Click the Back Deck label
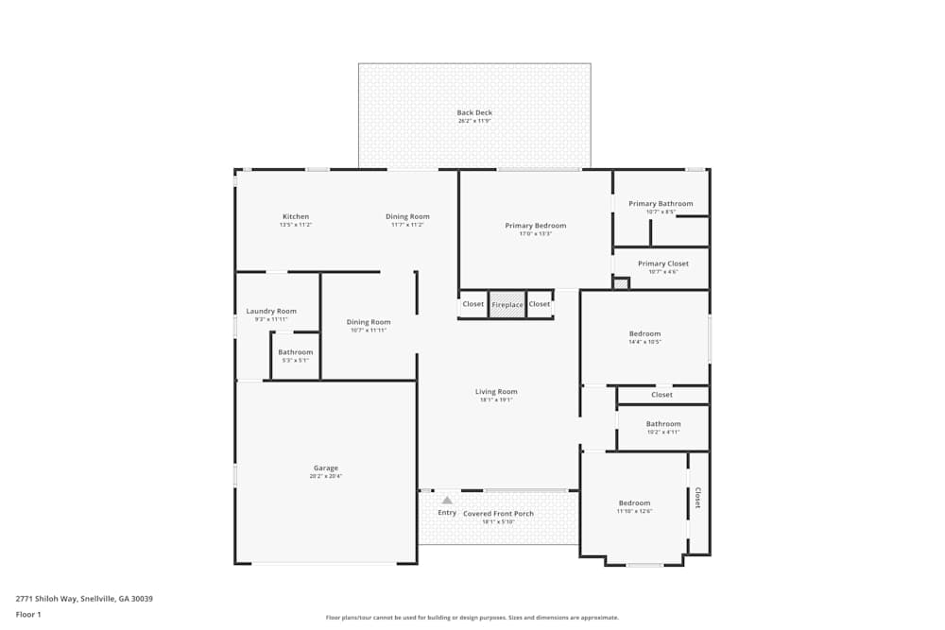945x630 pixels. [474, 113]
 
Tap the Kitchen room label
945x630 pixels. [296, 217]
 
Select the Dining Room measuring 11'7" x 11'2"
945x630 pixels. [407, 217]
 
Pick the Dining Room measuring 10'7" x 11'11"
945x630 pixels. [369, 323]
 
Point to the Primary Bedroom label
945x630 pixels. [535, 226]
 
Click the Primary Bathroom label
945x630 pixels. [661, 204]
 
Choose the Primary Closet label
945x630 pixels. [662, 264]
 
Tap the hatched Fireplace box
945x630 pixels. [507, 304]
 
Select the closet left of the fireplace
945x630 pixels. [473, 304]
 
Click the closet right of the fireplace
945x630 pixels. [540, 304]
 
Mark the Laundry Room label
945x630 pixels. [271, 312]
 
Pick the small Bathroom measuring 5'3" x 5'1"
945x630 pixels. [295, 353]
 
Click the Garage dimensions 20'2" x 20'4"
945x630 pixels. [325, 477]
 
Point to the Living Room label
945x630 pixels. [496, 392]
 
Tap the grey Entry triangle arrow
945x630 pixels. [447, 500]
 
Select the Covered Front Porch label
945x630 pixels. [498, 514]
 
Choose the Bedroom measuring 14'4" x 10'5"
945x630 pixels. [644, 334]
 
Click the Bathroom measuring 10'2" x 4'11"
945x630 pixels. [662, 425]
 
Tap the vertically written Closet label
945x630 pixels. [697, 498]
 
